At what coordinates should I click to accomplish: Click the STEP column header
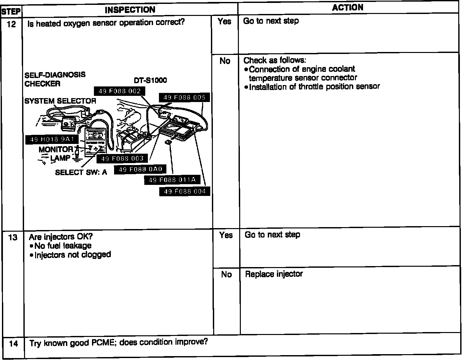tap(11, 12)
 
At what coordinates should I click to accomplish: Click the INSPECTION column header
tap(130, 10)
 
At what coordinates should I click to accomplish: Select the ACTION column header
tap(347, 8)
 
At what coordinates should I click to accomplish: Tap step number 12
tap(11, 24)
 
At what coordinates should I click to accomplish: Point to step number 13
tap(13, 238)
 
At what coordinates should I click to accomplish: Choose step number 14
tap(13, 343)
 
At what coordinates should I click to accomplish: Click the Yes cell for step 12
tap(225, 21)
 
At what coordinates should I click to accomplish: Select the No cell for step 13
tap(226, 275)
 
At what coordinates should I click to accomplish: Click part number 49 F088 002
tap(119, 91)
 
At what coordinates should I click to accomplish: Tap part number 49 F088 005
tap(184, 97)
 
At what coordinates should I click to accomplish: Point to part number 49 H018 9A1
tap(52, 140)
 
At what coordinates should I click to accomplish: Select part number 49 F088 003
tap(122, 159)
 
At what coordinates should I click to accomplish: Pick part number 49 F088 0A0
tap(140, 170)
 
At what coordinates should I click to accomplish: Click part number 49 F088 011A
tap(172, 180)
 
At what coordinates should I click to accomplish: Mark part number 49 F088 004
tap(185, 191)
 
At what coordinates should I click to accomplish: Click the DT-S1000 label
tap(150, 80)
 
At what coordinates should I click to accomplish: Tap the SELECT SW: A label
tap(81, 172)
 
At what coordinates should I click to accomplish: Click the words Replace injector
tap(274, 274)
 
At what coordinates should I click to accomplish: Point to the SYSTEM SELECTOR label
tap(60, 101)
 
